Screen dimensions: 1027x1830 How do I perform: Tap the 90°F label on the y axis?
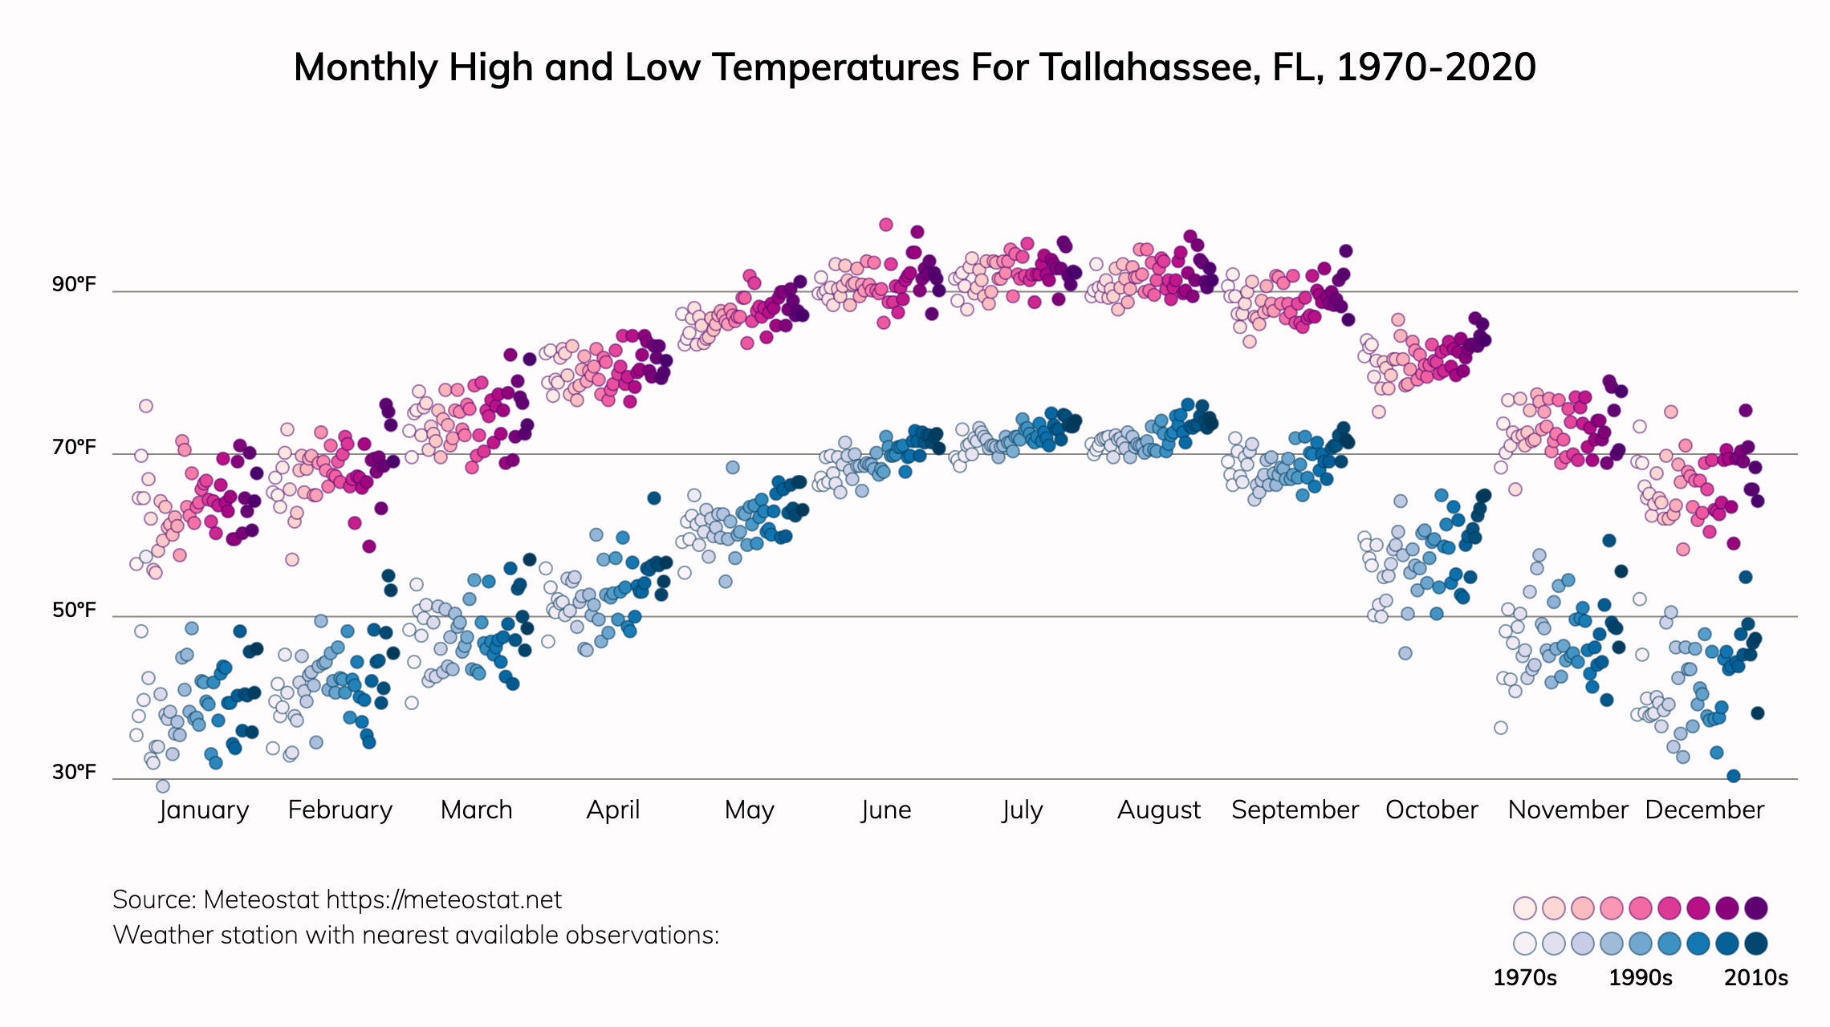74,285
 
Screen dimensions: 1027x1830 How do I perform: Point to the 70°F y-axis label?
74,448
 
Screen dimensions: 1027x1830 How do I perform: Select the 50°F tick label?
74,611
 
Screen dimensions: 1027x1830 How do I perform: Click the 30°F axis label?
74,772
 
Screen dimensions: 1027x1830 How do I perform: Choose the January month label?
204,810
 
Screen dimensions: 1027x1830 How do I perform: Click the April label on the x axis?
613,810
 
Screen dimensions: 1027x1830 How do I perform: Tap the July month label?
1022,810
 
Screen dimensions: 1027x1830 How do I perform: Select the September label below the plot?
1295,810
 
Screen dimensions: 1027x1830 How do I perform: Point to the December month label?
1704,810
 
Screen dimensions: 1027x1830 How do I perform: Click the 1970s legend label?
1524,978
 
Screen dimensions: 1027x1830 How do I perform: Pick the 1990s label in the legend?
1641,978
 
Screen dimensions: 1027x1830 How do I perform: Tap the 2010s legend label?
1756,978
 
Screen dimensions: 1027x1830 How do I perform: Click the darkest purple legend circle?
1756,908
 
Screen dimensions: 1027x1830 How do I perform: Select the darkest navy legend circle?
1756,944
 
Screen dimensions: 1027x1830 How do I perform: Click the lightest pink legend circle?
1524,908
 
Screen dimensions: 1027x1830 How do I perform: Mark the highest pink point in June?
886,225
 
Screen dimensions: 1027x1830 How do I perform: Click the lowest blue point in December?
1734,776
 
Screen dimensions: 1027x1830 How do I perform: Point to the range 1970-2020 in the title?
1436,67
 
